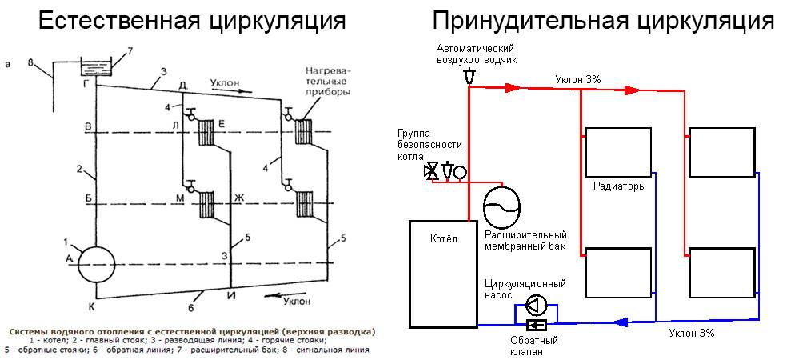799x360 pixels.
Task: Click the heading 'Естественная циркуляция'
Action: pyautogui.click(x=193, y=21)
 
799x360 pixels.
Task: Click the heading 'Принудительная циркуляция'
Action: pyautogui.click(x=603, y=21)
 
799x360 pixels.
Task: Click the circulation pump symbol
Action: pyautogui.click(x=536, y=305)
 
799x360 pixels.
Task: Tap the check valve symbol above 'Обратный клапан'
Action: pyautogui.click(x=536, y=325)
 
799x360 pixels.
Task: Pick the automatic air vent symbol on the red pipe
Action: pyautogui.click(x=469, y=77)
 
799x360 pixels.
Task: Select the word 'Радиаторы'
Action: pyautogui.click(x=619, y=186)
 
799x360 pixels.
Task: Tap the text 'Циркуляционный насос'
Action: pyautogui.click(x=525, y=289)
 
